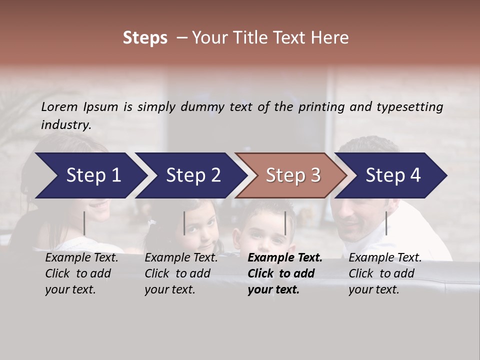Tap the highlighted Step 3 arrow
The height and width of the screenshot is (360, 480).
pyautogui.click(x=292, y=175)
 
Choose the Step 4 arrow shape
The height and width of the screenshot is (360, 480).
pyautogui.click(x=392, y=175)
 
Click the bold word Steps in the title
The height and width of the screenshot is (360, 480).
pyautogui.click(x=145, y=38)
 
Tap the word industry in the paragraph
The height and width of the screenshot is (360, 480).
pyautogui.click(x=65, y=124)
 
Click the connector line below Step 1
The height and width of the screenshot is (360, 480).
pyautogui.click(x=84, y=223)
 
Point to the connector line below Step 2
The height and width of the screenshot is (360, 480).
pyautogui.click(x=184, y=223)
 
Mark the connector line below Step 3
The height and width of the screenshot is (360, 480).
pyautogui.click(x=285, y=223)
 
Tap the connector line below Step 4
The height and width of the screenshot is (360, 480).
pyautogui.click(x=386, y=223)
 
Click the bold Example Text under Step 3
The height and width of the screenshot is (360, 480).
pyautogui.click(x=285, y=258)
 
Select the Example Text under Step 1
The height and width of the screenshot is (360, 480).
pyautogui.click(x=82, y=258)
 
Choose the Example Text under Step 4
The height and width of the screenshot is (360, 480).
pyautogui.click(x=385, y=258)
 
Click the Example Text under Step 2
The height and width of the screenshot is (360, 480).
pyautogui.click(x=181, y=258)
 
